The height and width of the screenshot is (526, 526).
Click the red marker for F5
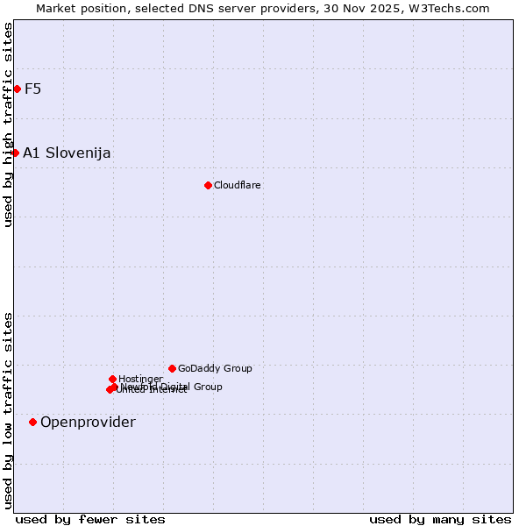(x=17, y=89)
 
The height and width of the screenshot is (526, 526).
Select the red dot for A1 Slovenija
(x=15, y=153)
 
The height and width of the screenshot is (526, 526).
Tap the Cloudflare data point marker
(x=208, y=185)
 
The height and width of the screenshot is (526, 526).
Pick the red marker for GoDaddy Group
(x=172, y=368)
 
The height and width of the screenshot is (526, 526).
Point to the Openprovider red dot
(x=32, y=422)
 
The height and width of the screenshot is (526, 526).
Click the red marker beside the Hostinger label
(x=112, y=379)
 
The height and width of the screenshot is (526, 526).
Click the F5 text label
(x=32, y=89)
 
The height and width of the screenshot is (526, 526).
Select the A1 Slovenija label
(x=67, y=153)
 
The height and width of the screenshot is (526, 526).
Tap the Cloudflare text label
(x=238, y=185)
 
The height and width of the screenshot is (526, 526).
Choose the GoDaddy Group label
(x=215, y=368)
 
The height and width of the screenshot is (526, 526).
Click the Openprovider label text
(x=88, y=422)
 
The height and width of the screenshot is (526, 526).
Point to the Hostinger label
(x=140, y=379)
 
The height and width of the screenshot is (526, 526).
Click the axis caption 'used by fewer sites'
(x=90, y=519)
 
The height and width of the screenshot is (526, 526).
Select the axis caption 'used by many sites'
(x=440, y=519)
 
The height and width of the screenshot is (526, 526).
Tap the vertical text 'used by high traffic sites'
(x=8, y=124)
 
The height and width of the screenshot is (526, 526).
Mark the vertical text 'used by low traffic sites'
(x=8, y=409)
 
